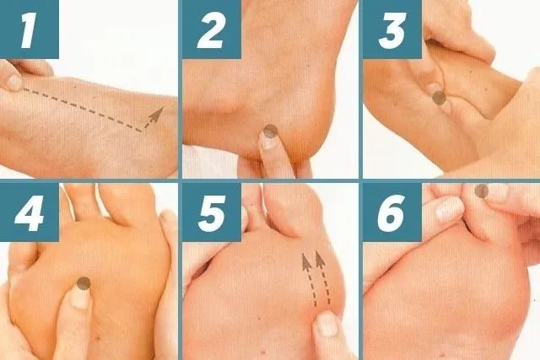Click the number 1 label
click(29, 30)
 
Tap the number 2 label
click(212, 30)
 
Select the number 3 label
click(392, 30)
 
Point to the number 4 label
click(29, 212)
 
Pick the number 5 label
click(212, 212)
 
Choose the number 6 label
click(392, 212)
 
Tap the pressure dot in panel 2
click(270, 131)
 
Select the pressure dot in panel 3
click(439, 98)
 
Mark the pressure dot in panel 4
click(84, 283)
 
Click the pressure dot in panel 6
click(482, 191)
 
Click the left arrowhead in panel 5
click(306, 261)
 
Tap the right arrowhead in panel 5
click(320, 259)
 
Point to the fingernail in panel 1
click(14, 83)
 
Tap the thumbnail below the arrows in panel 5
click(327, 324)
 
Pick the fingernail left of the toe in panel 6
click(450, 210)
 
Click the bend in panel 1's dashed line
click(142, 131)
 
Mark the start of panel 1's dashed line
click(24, 89)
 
